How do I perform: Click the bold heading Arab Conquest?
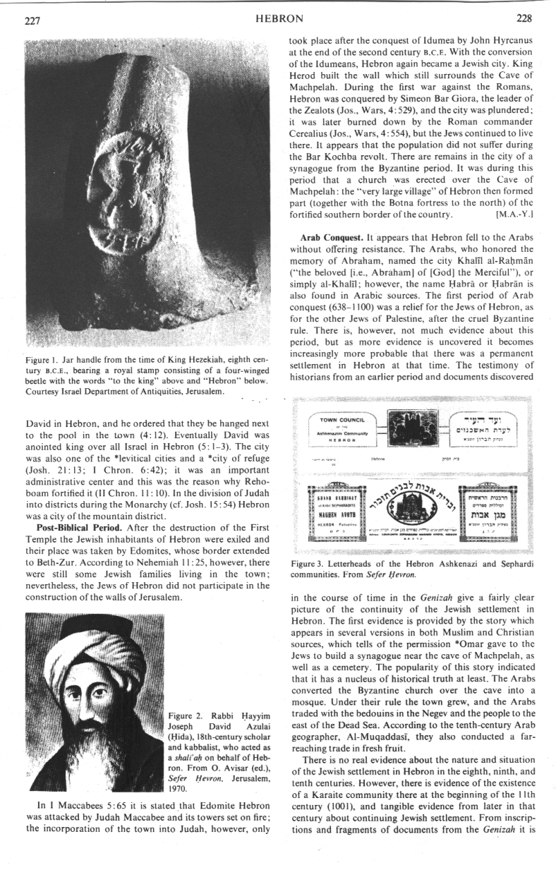pyautogui.click(x=330, y=230)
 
